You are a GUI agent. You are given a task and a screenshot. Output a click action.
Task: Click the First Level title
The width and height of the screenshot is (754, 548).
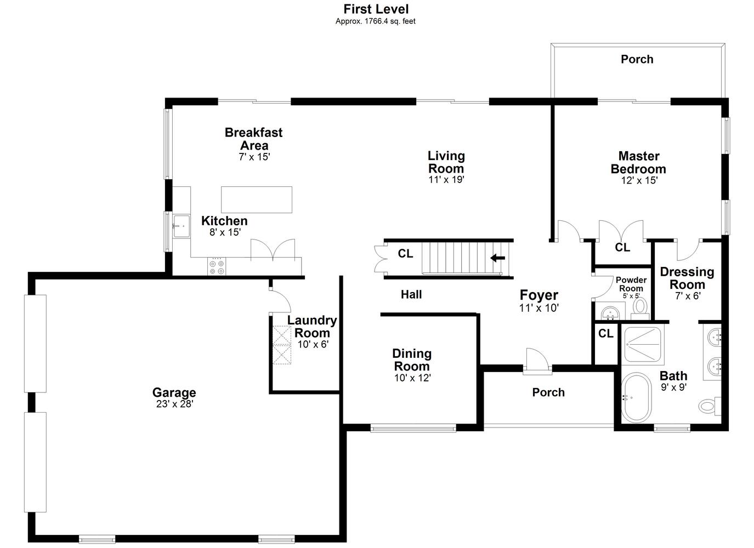[x=376, y=9]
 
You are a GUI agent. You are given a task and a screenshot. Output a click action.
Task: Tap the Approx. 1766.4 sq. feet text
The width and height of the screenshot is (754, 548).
[x=375, y=21]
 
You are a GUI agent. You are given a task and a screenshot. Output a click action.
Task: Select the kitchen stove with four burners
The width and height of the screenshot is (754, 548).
[x=217, y=267]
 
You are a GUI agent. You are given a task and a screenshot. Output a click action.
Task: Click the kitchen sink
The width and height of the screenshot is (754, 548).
[x=182, y=226]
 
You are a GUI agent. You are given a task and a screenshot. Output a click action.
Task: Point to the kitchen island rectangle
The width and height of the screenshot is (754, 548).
[x=257, y=200]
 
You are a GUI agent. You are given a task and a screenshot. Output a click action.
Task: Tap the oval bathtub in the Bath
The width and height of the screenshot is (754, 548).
[x=636, y=397]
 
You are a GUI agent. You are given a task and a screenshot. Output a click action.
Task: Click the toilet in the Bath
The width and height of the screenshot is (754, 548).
[x=710, y=406]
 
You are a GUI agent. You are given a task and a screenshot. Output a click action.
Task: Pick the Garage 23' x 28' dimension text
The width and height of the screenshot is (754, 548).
[x=174, y=404]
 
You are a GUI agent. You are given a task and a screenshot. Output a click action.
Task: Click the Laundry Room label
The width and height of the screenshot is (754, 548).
[x=312, y=327]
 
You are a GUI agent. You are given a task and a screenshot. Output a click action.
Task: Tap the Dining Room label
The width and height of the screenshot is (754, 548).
[x=412, y=359]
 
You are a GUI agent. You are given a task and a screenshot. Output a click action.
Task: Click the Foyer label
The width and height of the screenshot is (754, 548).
[x=539, y=295]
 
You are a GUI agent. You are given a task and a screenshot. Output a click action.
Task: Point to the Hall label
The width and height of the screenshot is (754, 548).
[x=411, y=295]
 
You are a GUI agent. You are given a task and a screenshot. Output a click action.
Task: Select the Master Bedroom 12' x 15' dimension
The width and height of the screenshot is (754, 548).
[x=639, y=180]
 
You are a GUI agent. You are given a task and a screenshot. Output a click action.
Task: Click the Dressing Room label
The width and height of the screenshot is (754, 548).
[x=687, y=278]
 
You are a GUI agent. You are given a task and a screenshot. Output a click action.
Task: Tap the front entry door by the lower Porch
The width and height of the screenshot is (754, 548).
[x=537, y=362]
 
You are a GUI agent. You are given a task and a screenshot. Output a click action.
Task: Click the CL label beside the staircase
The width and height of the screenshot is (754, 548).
[x=405, y=254]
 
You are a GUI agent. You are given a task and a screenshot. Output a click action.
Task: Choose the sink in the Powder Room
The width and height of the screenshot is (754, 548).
[x=610, y=312]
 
